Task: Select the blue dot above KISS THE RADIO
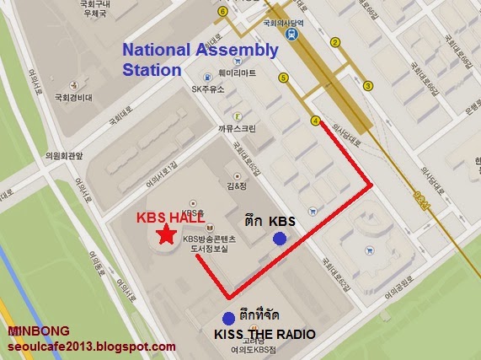(227, 318)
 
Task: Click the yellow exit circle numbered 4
(316, 121)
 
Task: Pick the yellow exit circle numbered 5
(284, 78)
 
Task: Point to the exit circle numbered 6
(222, 12)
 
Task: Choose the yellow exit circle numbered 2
(334, 42)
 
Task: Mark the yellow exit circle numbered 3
(368, 85)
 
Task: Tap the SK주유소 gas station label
(208, 88)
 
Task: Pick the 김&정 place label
(235, 185)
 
